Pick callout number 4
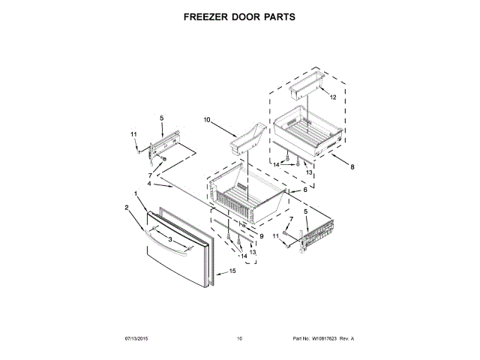[149, 184]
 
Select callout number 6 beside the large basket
[304, 190]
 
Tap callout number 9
[262, 236]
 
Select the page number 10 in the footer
[240, 339]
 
